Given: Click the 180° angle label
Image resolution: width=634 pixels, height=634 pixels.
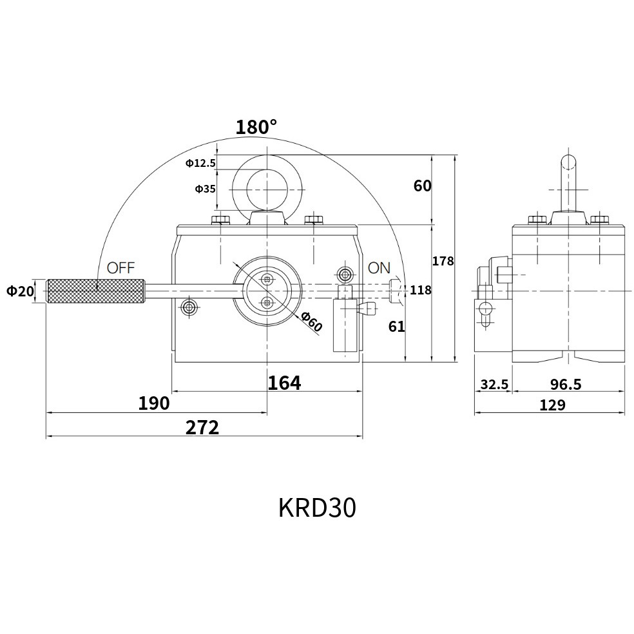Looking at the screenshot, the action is (x=256, y=127).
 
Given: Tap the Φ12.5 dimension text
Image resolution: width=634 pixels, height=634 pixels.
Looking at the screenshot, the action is (x=200, y=164).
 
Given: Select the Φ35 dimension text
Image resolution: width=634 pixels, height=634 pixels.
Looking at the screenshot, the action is (x=206, y=189).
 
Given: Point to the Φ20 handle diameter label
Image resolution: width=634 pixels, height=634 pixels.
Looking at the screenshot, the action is (x=20, y=291).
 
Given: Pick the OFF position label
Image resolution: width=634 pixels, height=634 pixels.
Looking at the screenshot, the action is (x=120, y=267).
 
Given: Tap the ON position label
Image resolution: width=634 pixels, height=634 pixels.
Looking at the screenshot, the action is (x=379, y=267).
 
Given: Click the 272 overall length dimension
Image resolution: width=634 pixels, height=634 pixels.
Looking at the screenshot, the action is (x=202, y=428).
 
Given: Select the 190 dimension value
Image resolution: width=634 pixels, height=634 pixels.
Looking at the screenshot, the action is (x=154, y=403).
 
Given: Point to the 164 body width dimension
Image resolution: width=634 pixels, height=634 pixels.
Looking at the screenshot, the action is (x=285, y=383).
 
